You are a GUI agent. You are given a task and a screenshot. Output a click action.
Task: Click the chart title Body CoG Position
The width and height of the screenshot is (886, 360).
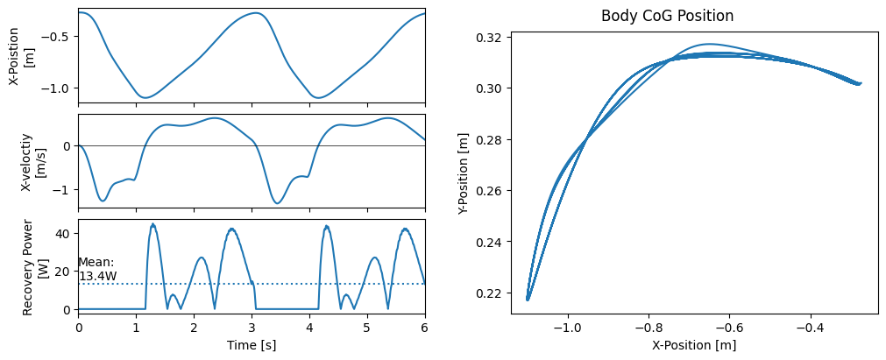click(667, 16)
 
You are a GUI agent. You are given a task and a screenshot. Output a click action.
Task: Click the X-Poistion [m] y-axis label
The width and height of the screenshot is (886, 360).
click(21, 54)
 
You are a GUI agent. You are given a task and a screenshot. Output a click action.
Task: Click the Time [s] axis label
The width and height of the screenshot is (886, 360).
click(252, 346)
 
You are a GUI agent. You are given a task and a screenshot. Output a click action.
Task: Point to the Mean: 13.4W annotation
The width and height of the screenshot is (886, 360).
click(96, 269)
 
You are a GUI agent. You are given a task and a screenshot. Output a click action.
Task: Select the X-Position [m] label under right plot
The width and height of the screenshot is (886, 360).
click(694, 345)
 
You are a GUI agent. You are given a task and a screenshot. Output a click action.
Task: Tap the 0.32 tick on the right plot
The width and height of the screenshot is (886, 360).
click(489, 38)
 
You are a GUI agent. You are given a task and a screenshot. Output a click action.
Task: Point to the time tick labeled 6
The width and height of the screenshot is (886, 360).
click(425, 328)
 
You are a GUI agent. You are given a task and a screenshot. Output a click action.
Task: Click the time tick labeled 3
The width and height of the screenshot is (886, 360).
click(252, 328)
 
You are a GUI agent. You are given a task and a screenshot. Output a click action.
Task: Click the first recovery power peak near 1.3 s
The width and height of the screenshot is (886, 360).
click(153, 224)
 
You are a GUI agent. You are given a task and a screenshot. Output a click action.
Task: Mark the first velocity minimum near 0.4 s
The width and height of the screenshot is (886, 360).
click(103, 201)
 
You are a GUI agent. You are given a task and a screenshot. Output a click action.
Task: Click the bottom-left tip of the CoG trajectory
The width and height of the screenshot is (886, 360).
click(528, 300)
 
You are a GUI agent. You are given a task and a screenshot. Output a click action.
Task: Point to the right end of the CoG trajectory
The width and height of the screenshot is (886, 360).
click(861, 83)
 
